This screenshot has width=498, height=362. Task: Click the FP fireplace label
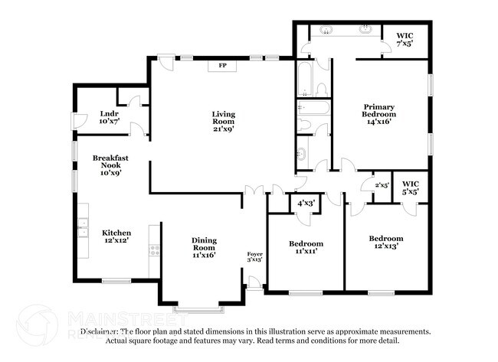223,66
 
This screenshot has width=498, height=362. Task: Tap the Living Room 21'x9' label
224,122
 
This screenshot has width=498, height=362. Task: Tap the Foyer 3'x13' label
254,257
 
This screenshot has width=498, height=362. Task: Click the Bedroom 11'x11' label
306,247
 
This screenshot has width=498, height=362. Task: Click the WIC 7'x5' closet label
405,40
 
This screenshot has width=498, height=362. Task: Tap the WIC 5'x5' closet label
411,188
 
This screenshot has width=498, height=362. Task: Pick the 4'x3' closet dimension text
306,203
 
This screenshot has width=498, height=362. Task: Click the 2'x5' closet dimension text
382,185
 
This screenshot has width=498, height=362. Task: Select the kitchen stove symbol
154,249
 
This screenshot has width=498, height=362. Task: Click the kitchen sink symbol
82,227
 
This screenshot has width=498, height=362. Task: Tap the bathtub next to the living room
303,79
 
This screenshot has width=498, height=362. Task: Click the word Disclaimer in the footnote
103,332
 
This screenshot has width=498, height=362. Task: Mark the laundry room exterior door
74,120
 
